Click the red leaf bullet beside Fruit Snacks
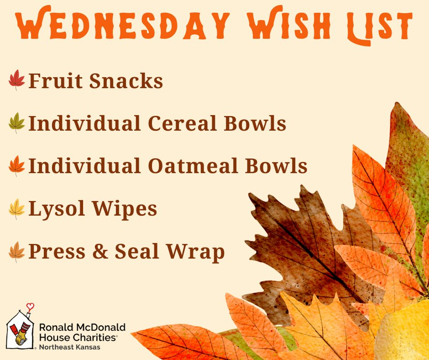(17, 80)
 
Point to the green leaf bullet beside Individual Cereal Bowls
(17, 123)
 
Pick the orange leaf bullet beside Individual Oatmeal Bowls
(17, 166)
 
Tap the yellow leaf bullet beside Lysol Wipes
(17, 209)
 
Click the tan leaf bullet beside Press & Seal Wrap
(17, 252)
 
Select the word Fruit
(56, 80)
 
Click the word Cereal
(183, 123)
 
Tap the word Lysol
(56, 209)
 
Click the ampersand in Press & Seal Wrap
(100, 251)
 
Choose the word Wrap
(195, 252)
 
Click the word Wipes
(124, 209)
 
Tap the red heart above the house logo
(30, 306)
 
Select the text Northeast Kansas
(69, 347)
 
